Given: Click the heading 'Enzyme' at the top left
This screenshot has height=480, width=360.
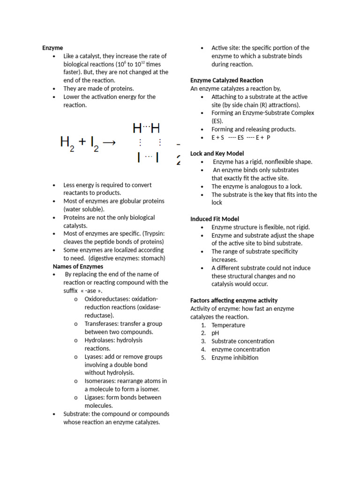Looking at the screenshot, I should (52, 48).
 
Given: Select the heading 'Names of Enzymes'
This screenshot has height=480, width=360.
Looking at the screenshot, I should (78, 266).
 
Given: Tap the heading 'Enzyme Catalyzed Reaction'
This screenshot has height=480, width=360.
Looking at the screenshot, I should (226, 80).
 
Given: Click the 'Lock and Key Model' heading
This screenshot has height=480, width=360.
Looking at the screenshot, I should (217, 153).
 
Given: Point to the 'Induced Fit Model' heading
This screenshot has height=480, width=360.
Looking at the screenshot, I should (215, 219).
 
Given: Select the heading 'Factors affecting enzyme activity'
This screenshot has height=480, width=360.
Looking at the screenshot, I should (234, 300).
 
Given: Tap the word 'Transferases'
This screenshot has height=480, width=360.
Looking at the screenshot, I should (101, 323).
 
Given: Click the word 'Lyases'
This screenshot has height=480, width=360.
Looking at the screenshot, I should (93, 357).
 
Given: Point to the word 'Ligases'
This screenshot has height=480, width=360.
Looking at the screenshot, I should (95, 397).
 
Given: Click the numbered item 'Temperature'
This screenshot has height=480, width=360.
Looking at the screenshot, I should (228, 325).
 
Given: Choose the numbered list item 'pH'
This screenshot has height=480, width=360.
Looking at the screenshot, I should (216, 333).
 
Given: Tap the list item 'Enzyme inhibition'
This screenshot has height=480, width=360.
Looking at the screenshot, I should (235, 358).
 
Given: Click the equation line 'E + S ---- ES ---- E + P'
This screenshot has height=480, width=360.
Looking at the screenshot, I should (241, 137).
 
